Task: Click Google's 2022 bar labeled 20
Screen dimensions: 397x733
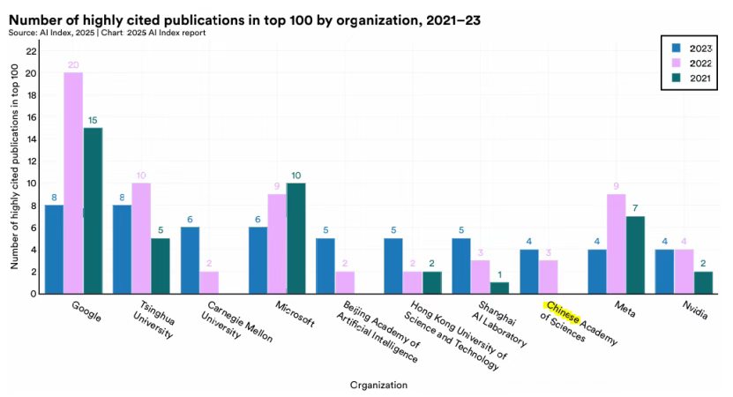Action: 73,183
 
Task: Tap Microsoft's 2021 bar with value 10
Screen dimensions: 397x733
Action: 297,238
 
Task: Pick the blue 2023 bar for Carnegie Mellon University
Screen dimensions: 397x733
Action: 191,260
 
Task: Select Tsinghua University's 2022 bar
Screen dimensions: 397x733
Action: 141,238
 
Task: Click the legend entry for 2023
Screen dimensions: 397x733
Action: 687,48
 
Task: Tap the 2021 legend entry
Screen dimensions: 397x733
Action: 687,78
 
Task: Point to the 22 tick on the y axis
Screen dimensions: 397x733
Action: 31,51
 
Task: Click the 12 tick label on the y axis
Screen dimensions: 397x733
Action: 31,161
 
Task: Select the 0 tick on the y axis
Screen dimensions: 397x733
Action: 34,294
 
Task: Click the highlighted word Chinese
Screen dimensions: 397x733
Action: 562,312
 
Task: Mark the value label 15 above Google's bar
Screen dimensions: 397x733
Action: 93,119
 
